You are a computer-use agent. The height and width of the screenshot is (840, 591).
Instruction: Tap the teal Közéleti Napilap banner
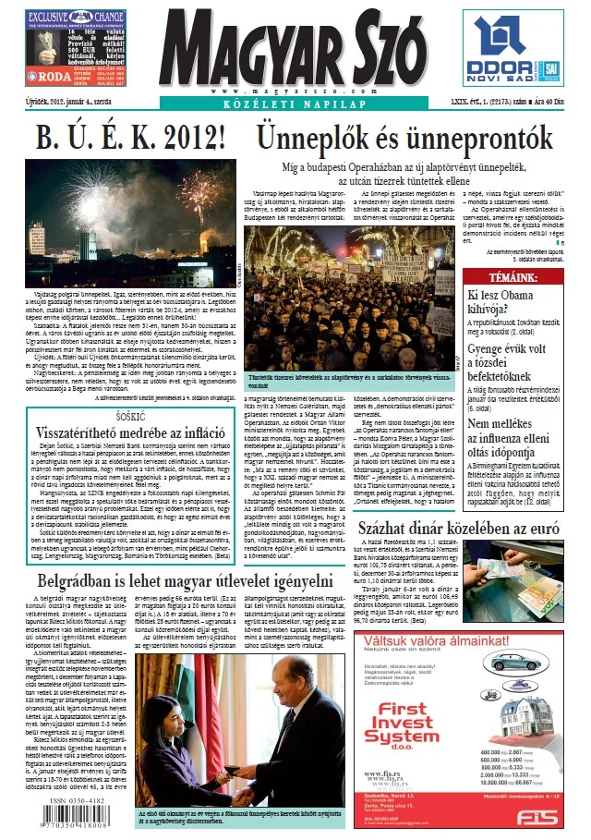(289, 104)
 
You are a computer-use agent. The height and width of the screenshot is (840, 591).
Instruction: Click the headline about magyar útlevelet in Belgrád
(185, 556)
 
